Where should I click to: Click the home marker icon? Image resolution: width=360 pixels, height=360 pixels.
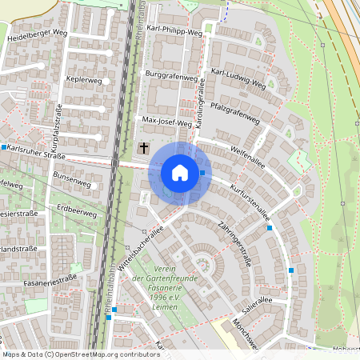(180, 173)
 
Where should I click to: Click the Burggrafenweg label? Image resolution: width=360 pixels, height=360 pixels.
(170, 78)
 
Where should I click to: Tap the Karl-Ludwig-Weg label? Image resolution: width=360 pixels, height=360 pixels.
(238, 77)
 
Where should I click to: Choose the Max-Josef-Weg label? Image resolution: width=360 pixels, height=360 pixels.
(167, 122)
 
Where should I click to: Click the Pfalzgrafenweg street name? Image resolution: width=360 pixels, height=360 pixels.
(236, 111)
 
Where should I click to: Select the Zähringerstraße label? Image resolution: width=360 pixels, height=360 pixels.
(234, 243)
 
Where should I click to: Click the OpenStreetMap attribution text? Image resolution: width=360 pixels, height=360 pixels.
(80, 354)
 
